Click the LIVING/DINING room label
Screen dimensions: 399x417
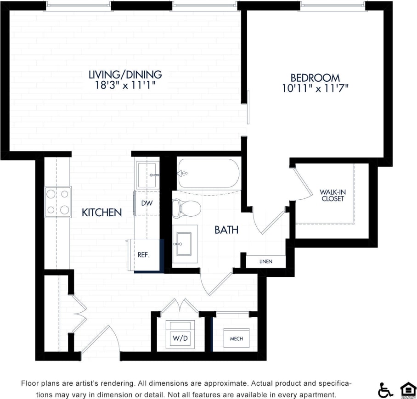click(x=125, y=74)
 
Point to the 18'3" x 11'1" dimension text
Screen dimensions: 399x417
click(x=125, y=85)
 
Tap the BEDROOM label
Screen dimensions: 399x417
click(x=315, y=78)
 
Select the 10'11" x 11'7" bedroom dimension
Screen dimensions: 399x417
click(x=315, y=88)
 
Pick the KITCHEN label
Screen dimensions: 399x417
click(x=101, y=213)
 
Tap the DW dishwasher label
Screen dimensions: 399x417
click(x=147, y=203)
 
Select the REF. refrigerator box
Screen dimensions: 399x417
click(x=144, y=254)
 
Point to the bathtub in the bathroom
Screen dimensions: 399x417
click(x=208, y=174)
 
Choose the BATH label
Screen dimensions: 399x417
click(x=226, y=230)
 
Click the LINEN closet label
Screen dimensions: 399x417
click(x=265, y=261)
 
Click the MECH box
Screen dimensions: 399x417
click(x=236, y=339)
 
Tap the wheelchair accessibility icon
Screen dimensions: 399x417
click(x=385, y=390)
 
